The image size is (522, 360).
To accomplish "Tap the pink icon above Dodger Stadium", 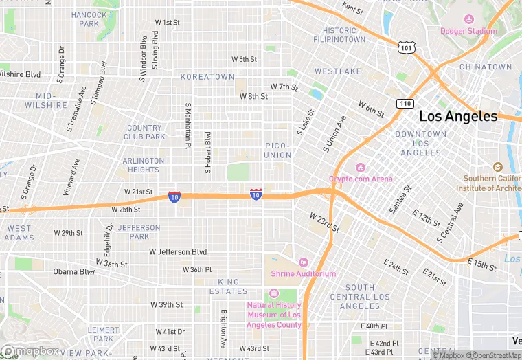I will [469, 19].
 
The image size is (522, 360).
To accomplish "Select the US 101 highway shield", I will [405, 46].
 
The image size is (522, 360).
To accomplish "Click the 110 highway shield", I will [405, 103].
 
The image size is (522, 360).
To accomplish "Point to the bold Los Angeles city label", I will [457, 117].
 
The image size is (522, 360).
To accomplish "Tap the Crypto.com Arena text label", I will [361, 179].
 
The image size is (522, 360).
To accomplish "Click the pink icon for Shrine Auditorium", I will [303, 262].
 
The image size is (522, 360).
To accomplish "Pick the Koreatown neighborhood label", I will [207, 77].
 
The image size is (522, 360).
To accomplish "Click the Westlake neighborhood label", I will [338, 71].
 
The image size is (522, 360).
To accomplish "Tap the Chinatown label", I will [486, 67].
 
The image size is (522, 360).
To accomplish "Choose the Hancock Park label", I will [89, 19].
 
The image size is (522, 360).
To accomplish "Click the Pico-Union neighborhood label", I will [278, 150].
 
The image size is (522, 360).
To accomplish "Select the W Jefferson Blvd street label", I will [178, 252].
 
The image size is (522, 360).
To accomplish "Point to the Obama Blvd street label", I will [73, 272].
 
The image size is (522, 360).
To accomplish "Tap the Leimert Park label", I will [103, 335].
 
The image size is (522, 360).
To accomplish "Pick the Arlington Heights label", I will [143, 165].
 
